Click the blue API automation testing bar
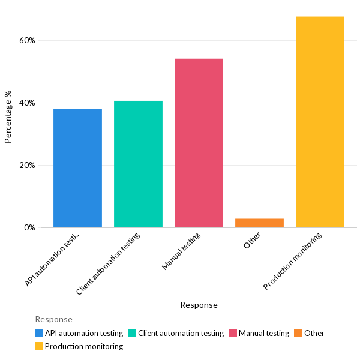click(77, 168)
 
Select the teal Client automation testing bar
click(138, 164)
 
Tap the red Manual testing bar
click(199, 143)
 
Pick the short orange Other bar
click(259, 223)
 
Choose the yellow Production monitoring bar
click(320, 122)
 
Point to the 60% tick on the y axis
click(27, 40)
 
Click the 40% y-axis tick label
click(27, 103)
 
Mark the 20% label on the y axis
click(27, 165)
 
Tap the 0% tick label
click(29, 227)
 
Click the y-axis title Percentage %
click(8, 116)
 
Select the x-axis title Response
click(199, 305)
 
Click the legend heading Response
click(53, 319)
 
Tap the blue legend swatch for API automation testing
click(39, 333)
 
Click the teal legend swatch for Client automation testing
click(132, 333)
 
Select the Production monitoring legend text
click(83, 346)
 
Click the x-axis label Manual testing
click(181, 251)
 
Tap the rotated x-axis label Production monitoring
click(293, 261)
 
